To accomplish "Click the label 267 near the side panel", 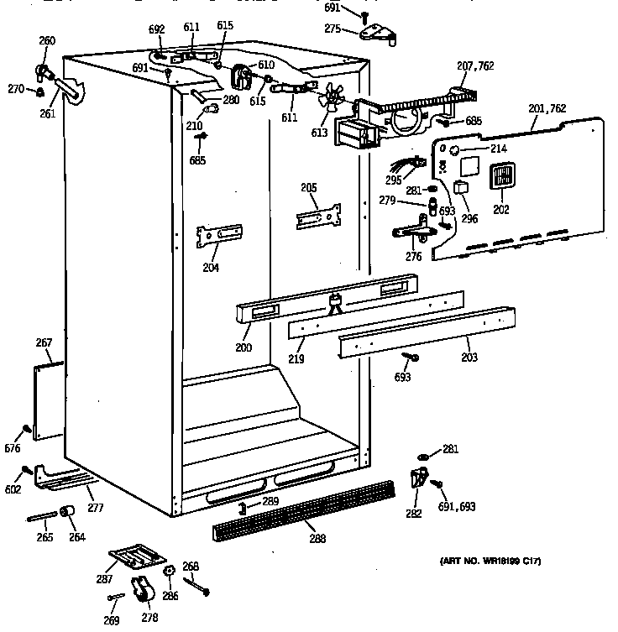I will (x=44, y=342).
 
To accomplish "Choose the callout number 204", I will (x=210, y=268).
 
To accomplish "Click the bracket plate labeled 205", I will (x=319, y=215).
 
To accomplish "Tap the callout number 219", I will (x=295, y=358).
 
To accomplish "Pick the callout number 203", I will (x=469, y=358).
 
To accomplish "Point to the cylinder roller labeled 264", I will (x=68, y=513).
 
